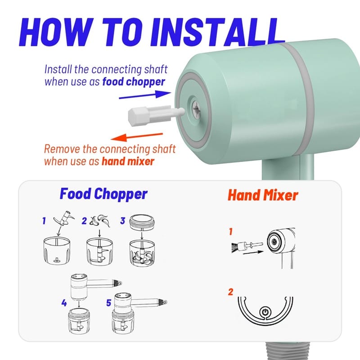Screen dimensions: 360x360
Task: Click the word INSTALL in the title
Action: pyautogui.click(x=217, y=31)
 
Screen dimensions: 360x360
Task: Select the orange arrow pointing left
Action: pyautogui.click(x=137, y=137)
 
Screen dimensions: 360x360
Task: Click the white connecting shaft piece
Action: pyautogui.click(x=156, y=114)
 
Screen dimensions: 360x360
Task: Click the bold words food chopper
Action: pyautogui.click(x=134, y=82)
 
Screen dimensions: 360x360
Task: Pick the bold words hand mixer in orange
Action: pyautogui.click(x=128, y=161)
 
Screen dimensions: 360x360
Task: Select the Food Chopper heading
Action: pyautogui.click(x=103, y=194)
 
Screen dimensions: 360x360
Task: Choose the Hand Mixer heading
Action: pyautogui.click(x=263, y=195)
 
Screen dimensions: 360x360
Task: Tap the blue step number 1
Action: pyautogui.click(x=44, y=221)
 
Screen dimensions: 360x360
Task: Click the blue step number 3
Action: pyautogui.click(x=122, y=221)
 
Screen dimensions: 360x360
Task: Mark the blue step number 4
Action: pyautogui.click(x=64, y=303)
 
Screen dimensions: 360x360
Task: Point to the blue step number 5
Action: pyautogui.click(x=108, y=303)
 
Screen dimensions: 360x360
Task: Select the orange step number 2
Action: pyautogui.click(x=230, y=292)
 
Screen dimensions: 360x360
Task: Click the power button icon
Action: pyautogui.click(x=265, y=312)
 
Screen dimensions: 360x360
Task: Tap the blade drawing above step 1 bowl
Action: pyautogui.click(x=64, y=218)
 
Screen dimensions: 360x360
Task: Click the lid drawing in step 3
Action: pyautogui.click(x=142, y=222)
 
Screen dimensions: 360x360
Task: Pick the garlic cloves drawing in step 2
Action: pyautogui.click(x=100, y=221)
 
